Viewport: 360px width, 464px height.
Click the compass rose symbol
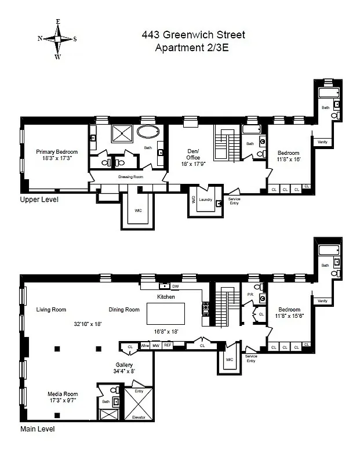point(57,39)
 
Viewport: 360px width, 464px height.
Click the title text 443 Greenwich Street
point(193,35)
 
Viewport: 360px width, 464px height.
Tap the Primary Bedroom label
point(57,152)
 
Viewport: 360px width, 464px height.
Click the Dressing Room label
point(130,176)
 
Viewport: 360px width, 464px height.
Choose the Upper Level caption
point(39,200)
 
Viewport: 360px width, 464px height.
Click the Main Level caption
point(38,430)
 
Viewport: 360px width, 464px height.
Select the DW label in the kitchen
point(174,286)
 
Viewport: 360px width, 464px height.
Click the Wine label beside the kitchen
point(145,345)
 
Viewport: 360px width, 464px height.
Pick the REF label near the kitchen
point(168,345)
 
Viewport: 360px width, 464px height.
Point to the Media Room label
point(63,394)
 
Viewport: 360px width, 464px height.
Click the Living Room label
point(51,309)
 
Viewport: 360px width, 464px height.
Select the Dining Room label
point(125,309)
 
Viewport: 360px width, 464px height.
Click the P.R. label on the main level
point(250,294)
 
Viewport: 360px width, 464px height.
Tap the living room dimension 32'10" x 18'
point(88,324)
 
